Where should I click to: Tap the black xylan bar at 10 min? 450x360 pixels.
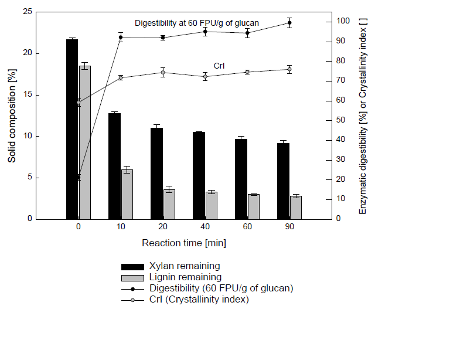pos(114,166)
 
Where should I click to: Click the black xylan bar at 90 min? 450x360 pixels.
pos(283,181)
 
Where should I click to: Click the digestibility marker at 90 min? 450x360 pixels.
pos(289,23)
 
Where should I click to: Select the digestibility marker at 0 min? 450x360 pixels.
pos(78,177)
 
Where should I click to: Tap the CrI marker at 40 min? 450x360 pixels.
pos(205,76)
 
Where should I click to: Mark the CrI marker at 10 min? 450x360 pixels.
pos(121,77)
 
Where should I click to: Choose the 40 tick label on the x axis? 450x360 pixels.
pos(205,227)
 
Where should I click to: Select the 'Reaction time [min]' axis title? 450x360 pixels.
pos(183,242)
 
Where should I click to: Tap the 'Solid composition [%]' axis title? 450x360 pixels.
pos(12,115)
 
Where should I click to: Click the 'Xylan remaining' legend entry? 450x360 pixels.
pos(185,266)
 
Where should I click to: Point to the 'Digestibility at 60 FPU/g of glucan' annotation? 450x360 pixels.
pos(197,23)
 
